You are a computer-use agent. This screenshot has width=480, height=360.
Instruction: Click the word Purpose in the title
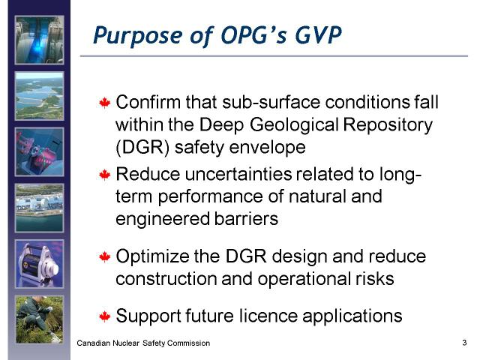pos(139,36)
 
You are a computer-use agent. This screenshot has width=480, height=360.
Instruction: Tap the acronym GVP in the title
pos(318,35)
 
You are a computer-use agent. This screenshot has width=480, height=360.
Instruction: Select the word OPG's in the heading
pos(253,35)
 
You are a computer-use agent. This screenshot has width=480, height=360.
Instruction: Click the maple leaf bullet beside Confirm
pos(105,103)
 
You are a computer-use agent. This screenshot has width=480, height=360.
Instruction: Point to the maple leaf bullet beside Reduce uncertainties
pos(105,175)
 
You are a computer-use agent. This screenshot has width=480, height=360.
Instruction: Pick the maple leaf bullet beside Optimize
pos(105,256)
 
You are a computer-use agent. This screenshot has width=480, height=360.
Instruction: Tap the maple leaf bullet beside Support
pos(105,316)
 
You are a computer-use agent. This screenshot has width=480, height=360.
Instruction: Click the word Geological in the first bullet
pos(294,125)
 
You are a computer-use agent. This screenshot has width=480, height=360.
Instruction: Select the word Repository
pos(388,125)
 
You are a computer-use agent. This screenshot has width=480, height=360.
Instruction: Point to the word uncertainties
pos(238,174)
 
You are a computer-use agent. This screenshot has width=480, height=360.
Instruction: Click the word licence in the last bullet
pos(268,316)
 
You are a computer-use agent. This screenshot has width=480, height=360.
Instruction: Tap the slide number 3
pos(464,343)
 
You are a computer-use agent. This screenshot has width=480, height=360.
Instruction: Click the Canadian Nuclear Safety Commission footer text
pos(143,343)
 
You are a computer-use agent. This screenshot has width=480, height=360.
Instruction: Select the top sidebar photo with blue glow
pos(40,40)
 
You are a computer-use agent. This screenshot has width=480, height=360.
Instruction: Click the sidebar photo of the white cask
pos(40,264)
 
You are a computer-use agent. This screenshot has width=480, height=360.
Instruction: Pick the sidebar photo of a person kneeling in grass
pos(40,319)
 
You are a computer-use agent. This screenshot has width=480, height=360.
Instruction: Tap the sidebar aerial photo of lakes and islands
pos(40,96)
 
